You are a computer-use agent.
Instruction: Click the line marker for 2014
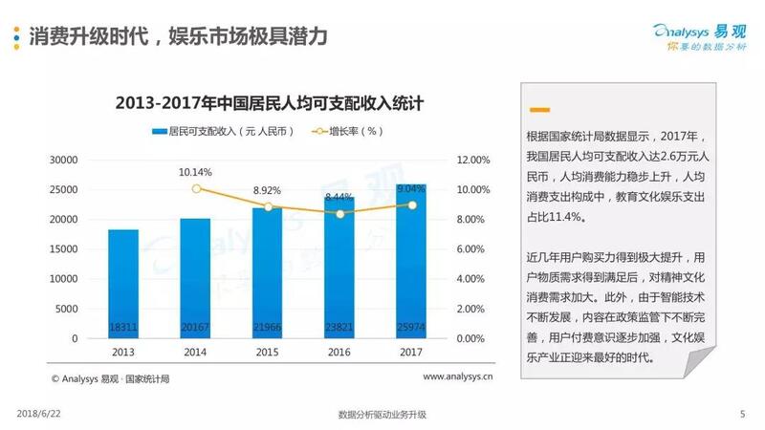(196, 189)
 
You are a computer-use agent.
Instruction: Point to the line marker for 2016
(340, 214)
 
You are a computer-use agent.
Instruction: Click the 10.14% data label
(196, 172)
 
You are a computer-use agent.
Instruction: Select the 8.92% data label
(269, 190)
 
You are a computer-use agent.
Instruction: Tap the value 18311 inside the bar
(123, 327)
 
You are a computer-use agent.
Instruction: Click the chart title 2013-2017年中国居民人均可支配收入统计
(269, 103)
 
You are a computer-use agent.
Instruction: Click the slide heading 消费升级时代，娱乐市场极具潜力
(179, 36)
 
